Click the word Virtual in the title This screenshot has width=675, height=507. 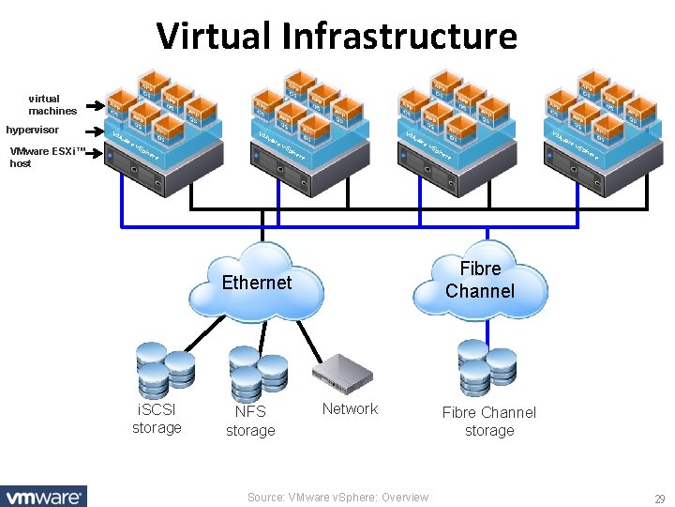(x=219, y=37)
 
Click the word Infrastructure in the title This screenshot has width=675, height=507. (x=405, y=37)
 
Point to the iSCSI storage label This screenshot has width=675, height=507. (x=157, y=419)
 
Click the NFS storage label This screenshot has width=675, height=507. (x=250, y=421)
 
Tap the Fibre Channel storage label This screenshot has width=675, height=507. (x=489, y=421)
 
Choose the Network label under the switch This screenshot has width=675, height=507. (x=350, y=408)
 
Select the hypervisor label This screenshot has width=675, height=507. (x=32, y=130)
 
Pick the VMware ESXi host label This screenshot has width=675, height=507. (x=47, y=157)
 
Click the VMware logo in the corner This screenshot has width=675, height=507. (x=43, y=496)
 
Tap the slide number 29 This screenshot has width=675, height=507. (x=659, y=498)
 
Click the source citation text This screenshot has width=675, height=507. (x=337, y=498)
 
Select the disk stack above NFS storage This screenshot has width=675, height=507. (x=257, y=375)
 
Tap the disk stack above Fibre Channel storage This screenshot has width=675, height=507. (x=486, y=367)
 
